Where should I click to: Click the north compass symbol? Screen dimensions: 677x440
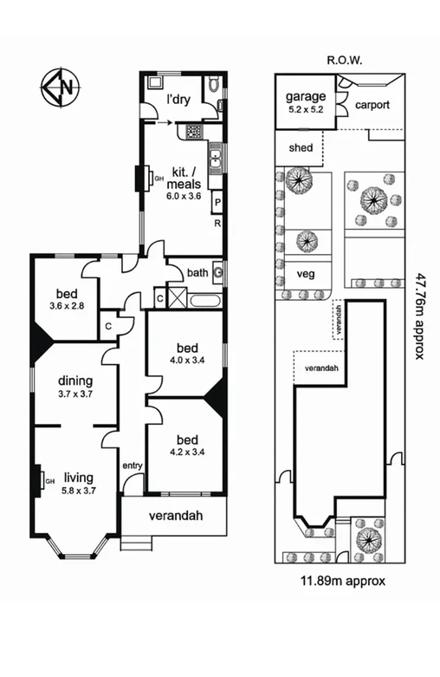[x=60, y=87]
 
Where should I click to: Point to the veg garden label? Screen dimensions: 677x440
[x=304, y=273]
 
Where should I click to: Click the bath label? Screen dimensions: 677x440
[x=197, y=273]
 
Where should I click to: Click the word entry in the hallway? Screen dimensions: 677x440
[x=133, y=466]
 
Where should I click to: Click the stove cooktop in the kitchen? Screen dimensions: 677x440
[x=195, y=131]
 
